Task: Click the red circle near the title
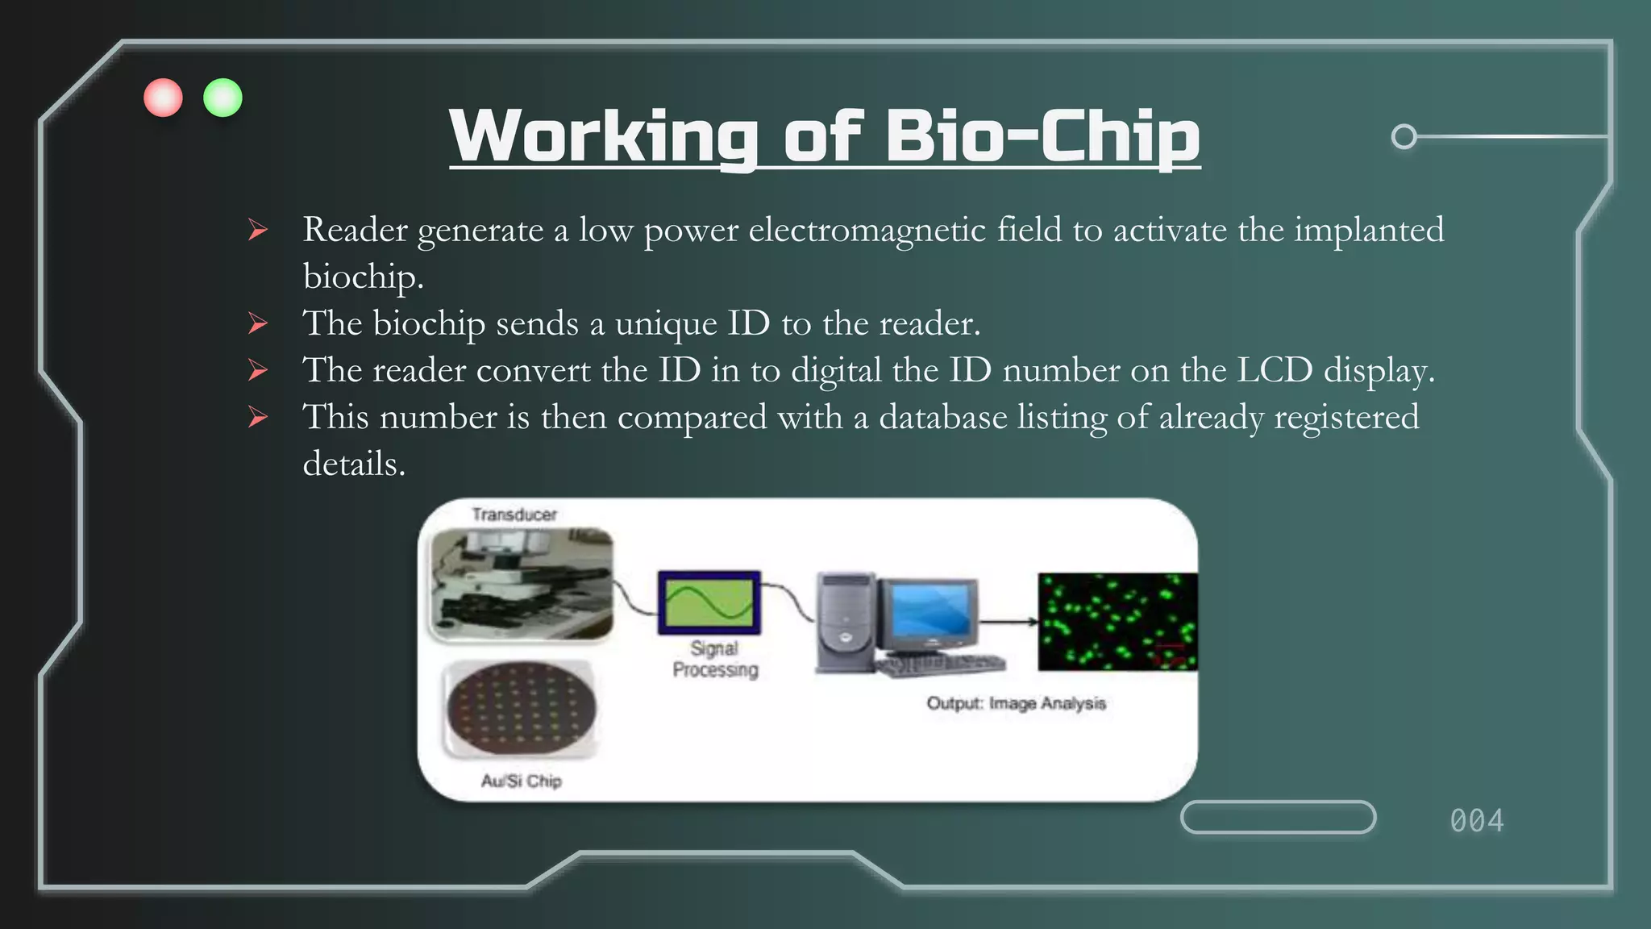(x=163, y=98)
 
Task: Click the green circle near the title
(x=222, y=98)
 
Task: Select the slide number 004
(x=1476, y=821)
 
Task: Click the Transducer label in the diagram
(x=514, y=514)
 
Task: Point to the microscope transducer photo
(x=522, y=585)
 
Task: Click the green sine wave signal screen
(x=709, y=603)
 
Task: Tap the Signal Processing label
(x=715, y=659)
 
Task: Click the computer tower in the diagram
(x=846, y=621)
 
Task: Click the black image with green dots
(x=1117, y=622)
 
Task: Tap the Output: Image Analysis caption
(x=1016, y=703)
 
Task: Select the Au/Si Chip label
(x=522, y=781)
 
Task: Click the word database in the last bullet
(x=942, y=417)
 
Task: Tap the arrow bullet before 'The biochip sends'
(x=258, y=324)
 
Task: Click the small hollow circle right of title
(x=1404, y=136)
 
